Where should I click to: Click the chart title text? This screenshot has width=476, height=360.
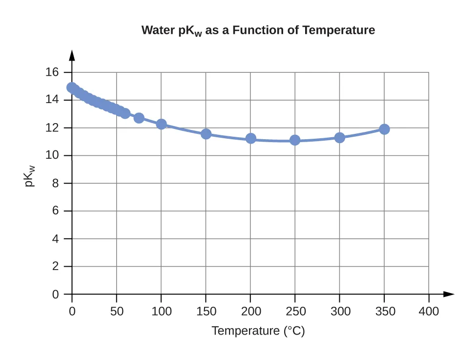(258, 30)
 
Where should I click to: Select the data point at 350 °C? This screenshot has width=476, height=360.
(384, 129)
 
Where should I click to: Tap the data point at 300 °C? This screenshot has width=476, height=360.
(339, 138)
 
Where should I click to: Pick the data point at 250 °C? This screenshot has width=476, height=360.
(295, 140)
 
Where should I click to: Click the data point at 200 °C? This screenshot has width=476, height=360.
(250, 138)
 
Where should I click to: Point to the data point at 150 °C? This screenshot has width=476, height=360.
(206, 134)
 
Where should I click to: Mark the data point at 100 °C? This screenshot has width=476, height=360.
(161, 124)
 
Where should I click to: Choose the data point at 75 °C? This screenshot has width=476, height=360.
(139, 118)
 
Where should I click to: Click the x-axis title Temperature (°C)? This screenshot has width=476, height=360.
(258, 331)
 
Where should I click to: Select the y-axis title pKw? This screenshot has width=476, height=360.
(30, 177)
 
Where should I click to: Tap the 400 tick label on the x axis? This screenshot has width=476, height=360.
(429, 311)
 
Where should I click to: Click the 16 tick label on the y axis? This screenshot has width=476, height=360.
(52, 72)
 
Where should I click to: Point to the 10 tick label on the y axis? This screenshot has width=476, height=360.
(52, 156)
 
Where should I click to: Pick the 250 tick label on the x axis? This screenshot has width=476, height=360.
(295, 311)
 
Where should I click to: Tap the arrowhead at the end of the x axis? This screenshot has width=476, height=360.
(449, 294)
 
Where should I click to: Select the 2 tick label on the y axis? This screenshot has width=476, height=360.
(55, 267)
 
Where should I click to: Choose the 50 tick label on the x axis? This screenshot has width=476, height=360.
(116, 311)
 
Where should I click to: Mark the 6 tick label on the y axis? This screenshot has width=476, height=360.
(55, 211)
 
